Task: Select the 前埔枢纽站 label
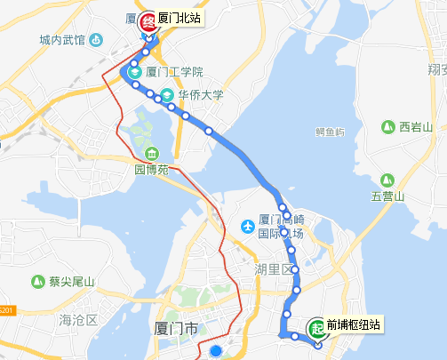click(x=353, y=326)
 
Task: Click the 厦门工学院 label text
click(x=174, y=73)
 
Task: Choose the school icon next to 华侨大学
click(x=166, y=94)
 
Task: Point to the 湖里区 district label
click(x=270, y=268)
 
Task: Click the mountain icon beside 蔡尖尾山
click(x=37, y=282)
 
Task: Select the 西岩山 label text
click(x=416, y=127)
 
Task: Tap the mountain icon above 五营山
click(x=388, y=179)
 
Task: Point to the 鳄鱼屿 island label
click(x=330, y=132)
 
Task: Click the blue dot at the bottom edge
click(x=215, y=351)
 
